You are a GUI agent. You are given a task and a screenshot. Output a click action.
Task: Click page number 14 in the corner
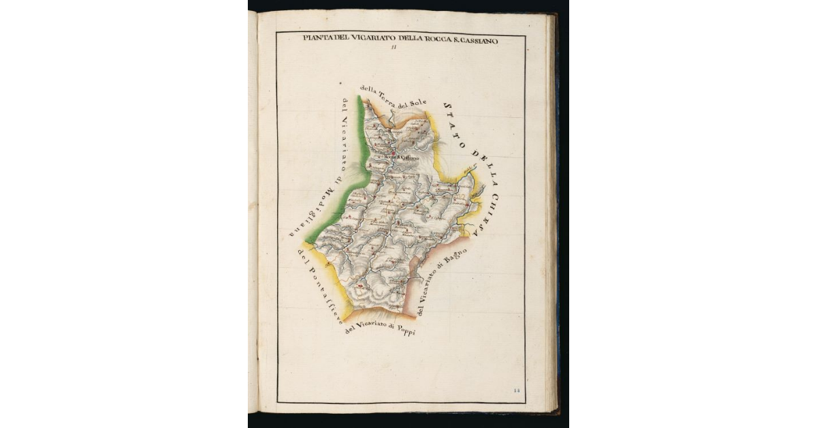click(516, 390)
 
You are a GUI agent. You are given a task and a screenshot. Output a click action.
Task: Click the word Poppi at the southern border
click(404, 331)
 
